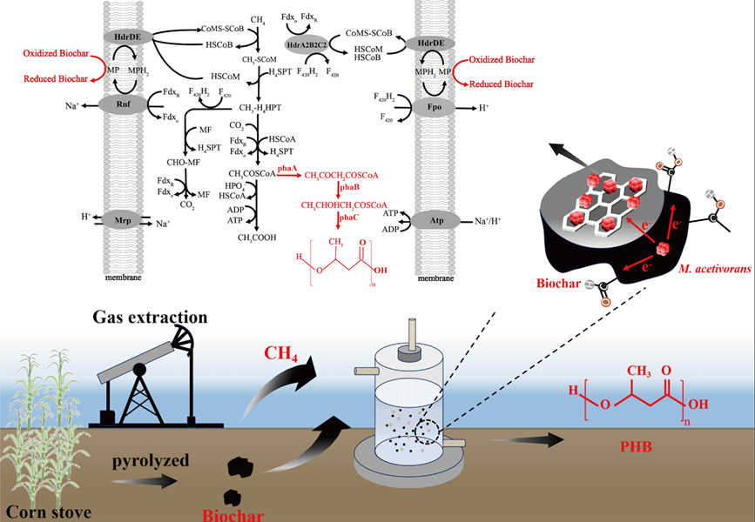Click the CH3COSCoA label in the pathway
[252, 174]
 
